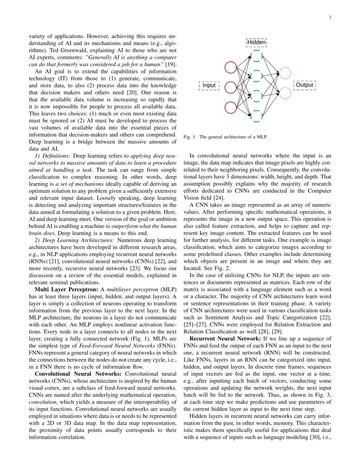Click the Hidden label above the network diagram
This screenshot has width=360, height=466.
[x=256, y=42]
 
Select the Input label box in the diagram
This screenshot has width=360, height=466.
[x=209, y=85]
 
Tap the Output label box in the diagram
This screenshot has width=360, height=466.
[x=304, y=85]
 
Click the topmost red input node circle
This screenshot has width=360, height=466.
[x=231, y=67]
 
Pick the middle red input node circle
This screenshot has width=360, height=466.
[x=231, y=88]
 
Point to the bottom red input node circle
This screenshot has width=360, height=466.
[x=231, y=108]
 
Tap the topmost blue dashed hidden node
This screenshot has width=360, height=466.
[x=256, y=56]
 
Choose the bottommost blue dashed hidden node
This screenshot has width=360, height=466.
[x=256, y=116]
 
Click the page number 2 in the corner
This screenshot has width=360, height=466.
[x=330, y=17]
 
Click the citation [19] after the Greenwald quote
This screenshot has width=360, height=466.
[x=171, y=64]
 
